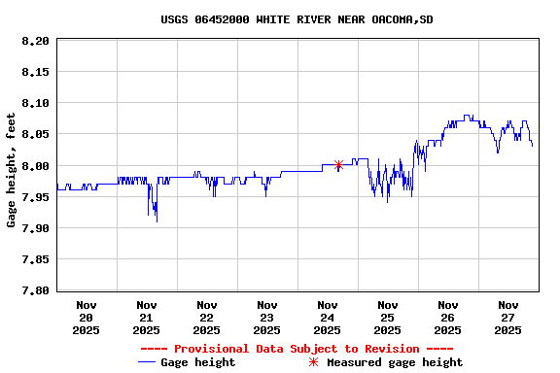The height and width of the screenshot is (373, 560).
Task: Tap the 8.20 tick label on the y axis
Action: (34, 41)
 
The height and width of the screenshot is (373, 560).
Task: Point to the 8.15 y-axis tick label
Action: (34, 72)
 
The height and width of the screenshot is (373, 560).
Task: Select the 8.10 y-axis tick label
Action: (34, 103)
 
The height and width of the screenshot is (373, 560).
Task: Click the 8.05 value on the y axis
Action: (34, 134)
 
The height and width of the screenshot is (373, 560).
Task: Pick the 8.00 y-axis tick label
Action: (34, 166)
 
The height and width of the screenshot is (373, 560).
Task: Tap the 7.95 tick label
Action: (34, 197)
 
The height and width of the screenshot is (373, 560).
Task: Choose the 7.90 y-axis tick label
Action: (34, 228)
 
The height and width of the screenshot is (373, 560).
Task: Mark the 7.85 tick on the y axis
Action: (34, 259)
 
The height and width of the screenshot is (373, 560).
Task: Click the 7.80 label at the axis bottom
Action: (34, 290)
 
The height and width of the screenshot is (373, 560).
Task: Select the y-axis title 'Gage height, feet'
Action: (12, 171)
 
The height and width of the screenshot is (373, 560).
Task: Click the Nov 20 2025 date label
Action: (87, 318)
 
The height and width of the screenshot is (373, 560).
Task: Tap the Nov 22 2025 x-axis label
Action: (207, 318)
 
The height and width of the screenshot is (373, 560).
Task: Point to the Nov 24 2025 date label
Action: (328, 318)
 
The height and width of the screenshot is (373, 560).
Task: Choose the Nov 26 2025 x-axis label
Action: (448, 318)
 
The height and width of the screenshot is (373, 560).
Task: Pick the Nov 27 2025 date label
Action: (508, 318)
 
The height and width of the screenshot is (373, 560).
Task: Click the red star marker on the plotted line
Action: (338, 165)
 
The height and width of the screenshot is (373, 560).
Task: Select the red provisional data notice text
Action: (297, 349)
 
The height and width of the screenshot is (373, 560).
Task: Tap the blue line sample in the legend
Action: (147, 362)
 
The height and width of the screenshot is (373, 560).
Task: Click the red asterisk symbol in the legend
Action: (313, 362)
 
